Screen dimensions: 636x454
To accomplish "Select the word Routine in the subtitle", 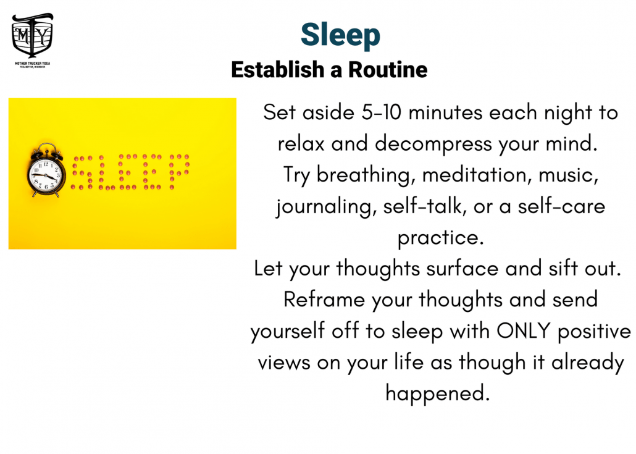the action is [388, 69].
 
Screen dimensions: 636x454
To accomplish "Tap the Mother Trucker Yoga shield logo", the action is [33, 36].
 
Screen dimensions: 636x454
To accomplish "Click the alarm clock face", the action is [46, 175].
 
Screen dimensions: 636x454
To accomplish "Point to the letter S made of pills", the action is [82, 172].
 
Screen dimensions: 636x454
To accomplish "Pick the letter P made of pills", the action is [179, 172].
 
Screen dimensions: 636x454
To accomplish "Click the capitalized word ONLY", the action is [523, 330].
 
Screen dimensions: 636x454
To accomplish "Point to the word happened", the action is [437, 393].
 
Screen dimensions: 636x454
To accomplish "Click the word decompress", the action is [433, 145].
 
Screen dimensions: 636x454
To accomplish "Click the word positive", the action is [594, 332].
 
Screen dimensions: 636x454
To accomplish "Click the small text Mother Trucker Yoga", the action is [33, 63].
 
